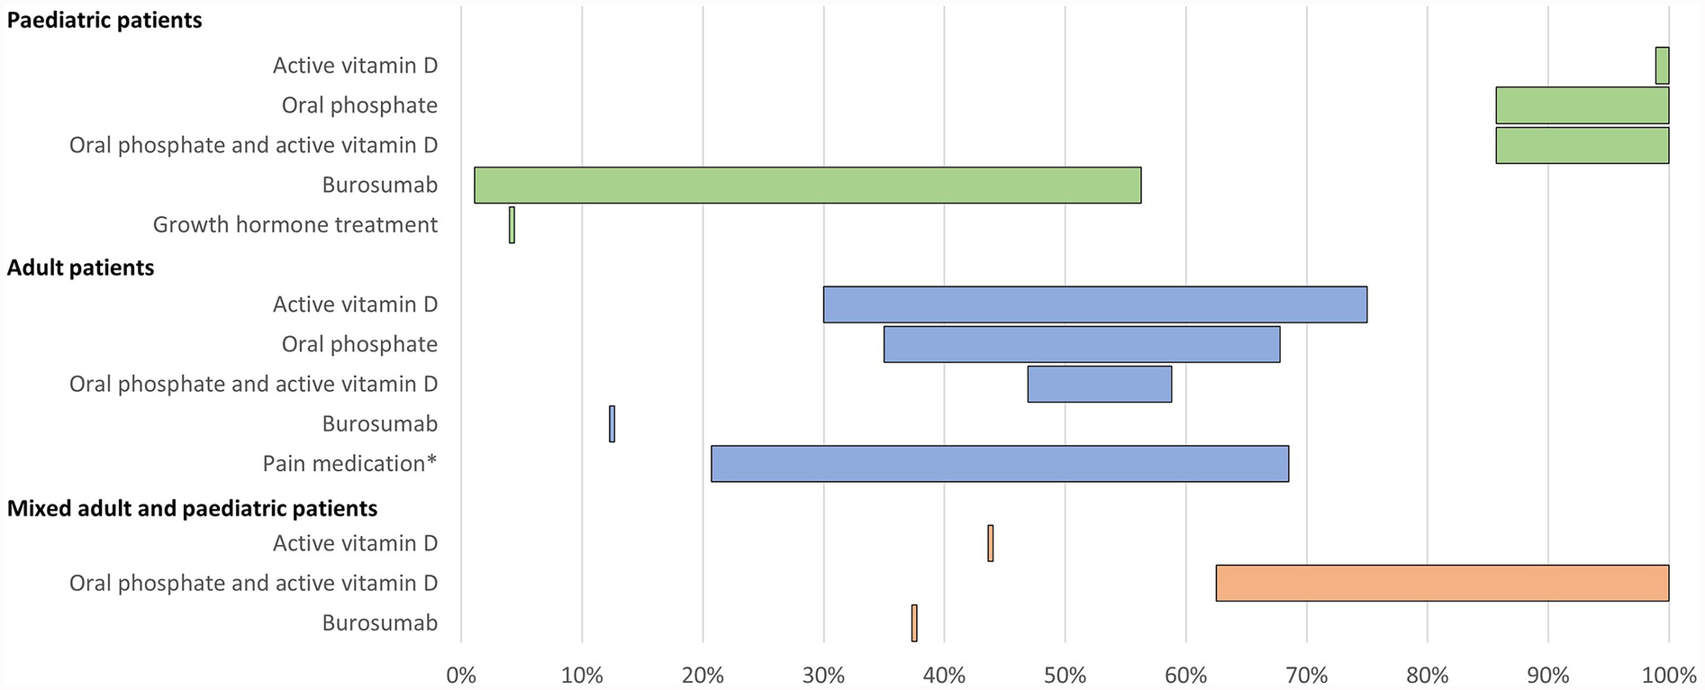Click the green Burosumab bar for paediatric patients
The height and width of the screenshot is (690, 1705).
[807, 185]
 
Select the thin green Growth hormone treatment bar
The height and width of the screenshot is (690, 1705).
[512, 224]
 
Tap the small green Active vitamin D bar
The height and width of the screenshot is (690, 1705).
[1662, 66]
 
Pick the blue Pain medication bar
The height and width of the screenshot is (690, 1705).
[1000, 463]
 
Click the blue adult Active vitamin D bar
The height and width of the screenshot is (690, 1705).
[1094, 304]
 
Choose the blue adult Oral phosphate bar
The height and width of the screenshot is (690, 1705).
[1081, 344]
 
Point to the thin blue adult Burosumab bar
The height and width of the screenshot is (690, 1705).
[612, 423]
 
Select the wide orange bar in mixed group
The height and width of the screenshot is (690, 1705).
[1441, 583]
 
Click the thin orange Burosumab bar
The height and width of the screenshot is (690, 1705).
[914, 622]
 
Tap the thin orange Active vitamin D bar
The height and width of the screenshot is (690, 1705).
[990, 543]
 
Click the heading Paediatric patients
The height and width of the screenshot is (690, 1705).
[104, 21]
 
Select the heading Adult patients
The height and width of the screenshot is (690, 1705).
[81, 268]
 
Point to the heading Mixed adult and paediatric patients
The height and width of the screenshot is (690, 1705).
[192, 508]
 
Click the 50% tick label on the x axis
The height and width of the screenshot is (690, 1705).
[1065, 676]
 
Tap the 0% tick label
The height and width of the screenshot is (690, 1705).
[461, 676]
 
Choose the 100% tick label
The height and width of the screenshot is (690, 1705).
[1668, 676]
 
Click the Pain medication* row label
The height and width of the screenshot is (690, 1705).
[349, 463]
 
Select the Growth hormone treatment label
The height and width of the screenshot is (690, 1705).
[295, 224]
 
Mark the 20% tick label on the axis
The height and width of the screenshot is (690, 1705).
[703, 676]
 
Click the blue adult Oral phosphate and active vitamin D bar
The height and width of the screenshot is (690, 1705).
[1099, 384]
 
